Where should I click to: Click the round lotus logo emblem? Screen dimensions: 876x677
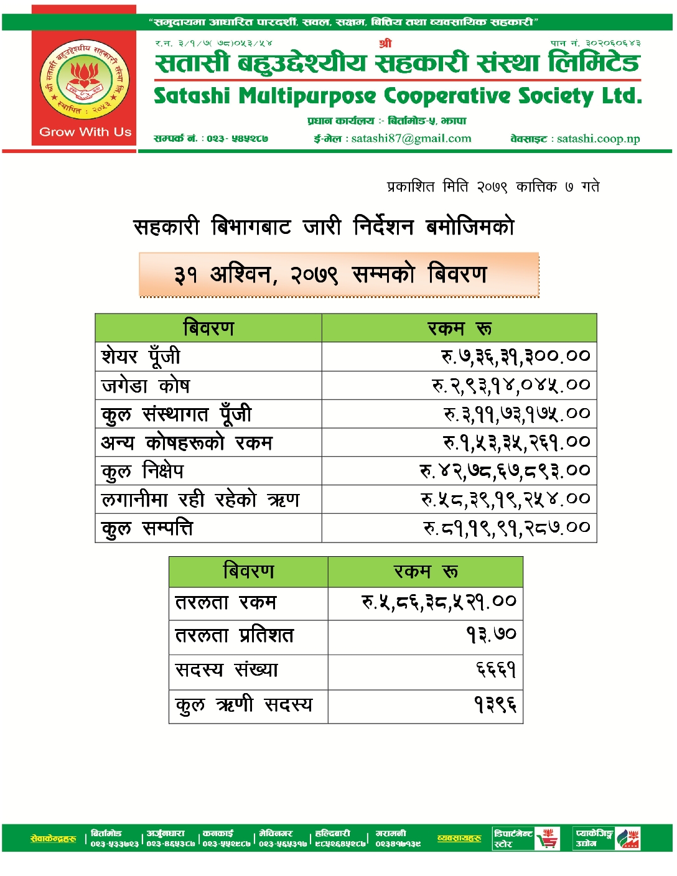pyautogui.click(x=84, y=79)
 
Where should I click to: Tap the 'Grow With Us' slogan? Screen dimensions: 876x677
pyautogui.click(x=85, y=132)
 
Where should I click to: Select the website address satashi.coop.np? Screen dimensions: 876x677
pyautogui.click(x=598, y=139)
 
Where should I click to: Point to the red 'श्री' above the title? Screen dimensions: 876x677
pyautogui.click(x=385, y=43)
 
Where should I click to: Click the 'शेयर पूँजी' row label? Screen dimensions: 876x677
pyautogui.click(x=141, y=356)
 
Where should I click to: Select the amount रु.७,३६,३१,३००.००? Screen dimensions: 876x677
pyautogui.click(x=515, y=356)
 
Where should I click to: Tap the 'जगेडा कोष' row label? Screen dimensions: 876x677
pyautogui.click(x=146, y=386)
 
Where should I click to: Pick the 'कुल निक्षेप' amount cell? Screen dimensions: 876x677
pyautogui.click(x=504, y=471)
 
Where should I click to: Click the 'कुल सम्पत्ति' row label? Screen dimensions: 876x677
pyautogui.click(x=147, y=528)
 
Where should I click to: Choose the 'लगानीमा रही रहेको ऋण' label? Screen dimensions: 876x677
pyautogui.click(x=200, y=500)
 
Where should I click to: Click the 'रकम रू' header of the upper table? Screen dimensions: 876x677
pyautogui.click(x=459, y=328)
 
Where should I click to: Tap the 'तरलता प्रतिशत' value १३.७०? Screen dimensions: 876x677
pyautogui.click(x=492, y=635)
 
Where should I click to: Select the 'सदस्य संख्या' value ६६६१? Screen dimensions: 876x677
pyautogui.click(x=496, y=670)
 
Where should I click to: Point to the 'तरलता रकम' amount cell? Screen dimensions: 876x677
pyautogui.click(x=439, y=602)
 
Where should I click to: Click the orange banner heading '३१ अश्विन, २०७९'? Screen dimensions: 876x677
pyautogui.click(x=331, y=274)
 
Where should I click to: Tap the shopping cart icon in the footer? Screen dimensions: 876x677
pyautogui.click(x=548, y=839)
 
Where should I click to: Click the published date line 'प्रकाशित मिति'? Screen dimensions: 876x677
pyautogui.click(x=493, y=187)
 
